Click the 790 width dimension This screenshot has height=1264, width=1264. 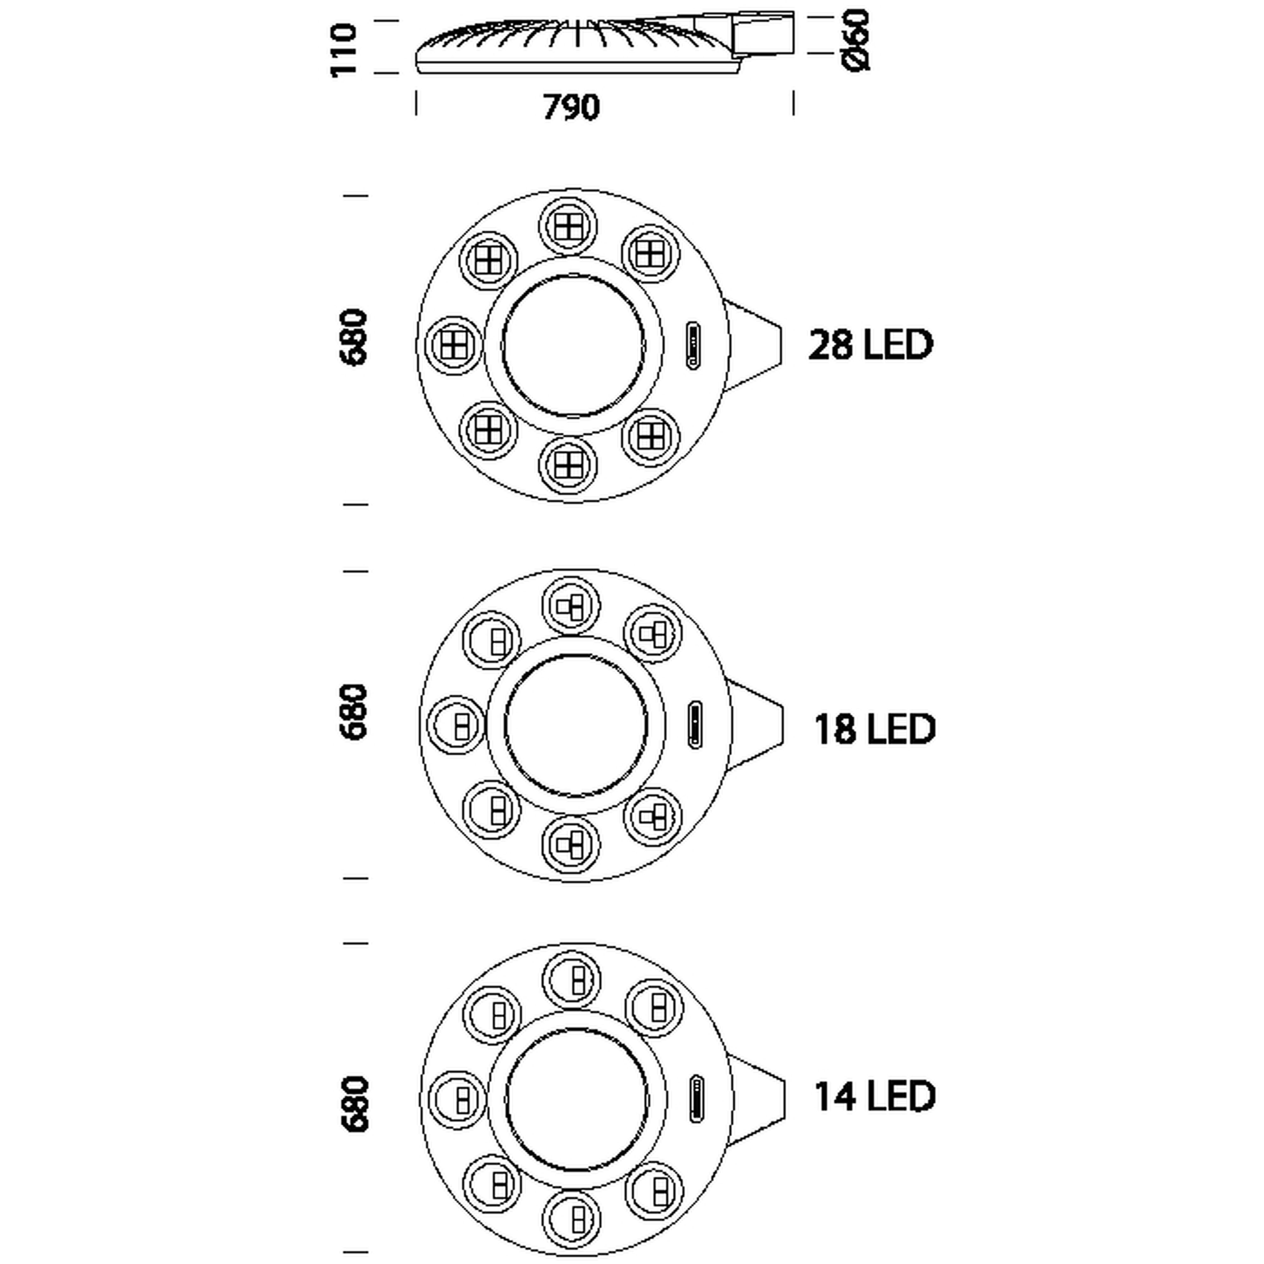571,107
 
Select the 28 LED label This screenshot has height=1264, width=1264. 870,345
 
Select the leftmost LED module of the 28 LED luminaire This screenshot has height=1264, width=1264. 453,345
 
